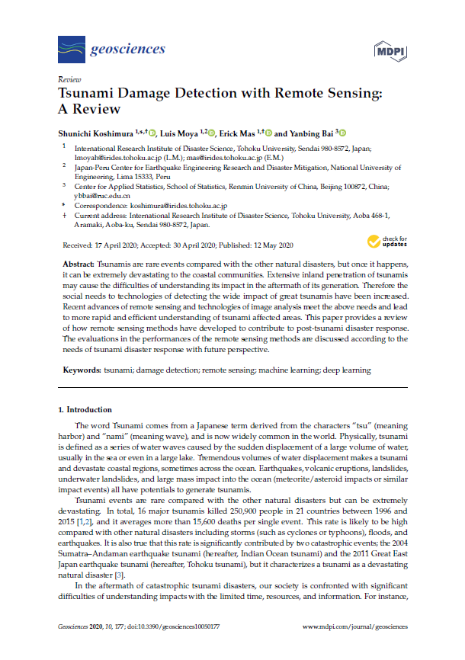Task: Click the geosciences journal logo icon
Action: coord(71,50)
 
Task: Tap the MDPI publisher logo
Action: coord(390,50)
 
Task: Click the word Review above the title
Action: coord(69,79)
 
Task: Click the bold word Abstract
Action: coord(78,262)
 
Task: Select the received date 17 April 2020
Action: coord(114,245)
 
